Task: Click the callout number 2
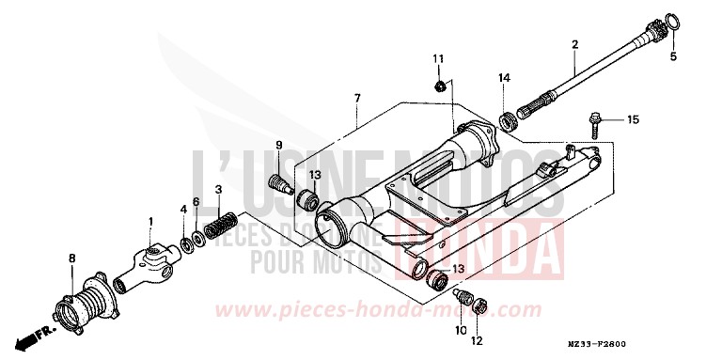(574, 44)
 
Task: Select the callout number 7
(357, 98)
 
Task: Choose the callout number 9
(279, 144)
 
